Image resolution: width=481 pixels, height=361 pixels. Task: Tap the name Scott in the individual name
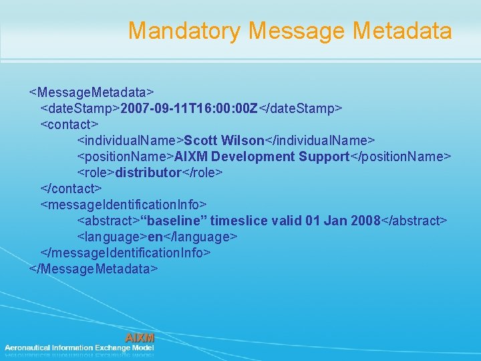click(x=201, y=140)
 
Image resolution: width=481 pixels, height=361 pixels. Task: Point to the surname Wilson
click(x=243, y=140)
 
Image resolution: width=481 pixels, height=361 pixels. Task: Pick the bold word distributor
click(x=148, y=172)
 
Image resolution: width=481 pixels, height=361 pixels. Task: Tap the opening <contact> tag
click(x=69, y=124)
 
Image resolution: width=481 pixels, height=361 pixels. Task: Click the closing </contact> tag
click(x=71, y=189)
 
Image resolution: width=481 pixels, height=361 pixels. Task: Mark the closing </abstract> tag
click(x=414, y=221)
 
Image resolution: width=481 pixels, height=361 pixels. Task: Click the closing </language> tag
click(x=200, y=237)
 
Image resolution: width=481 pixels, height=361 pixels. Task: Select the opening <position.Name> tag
click(x=126, y=156)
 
